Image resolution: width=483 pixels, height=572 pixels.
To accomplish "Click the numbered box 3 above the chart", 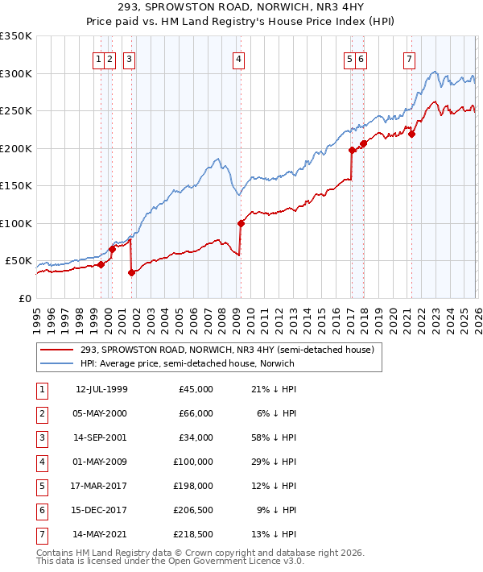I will click(x=130, y=58).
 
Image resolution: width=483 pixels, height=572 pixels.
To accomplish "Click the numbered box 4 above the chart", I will click(x=240, y=58).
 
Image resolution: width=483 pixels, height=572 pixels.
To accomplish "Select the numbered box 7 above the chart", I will click(x=410, y=58).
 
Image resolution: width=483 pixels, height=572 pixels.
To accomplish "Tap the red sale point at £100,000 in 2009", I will click(x=241, y=223).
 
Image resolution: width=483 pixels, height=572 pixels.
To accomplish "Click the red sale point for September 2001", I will click(x=131, y=272).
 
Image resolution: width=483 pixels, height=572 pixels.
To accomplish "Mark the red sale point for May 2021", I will click(x=411, y=135).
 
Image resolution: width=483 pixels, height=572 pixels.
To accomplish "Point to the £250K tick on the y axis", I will click(x=16, y=111).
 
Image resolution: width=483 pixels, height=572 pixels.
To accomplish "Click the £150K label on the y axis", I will click(x=16, y=186).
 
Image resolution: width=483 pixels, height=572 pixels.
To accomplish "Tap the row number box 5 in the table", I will click(x=41, y=486).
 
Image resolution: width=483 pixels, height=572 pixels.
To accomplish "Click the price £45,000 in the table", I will click(x=196, y=389).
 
